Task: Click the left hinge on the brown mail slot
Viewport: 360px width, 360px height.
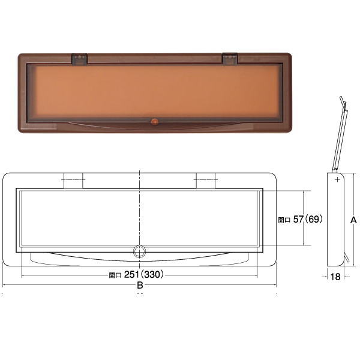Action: [x=79, y=59]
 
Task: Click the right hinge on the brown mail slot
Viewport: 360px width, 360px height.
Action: [x=230, y=59]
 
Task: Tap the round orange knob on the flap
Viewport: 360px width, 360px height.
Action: [x=155, y=122]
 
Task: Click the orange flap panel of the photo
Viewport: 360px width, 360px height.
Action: [x=155, y=92]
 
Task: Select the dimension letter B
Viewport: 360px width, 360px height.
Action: [x=140, y=286]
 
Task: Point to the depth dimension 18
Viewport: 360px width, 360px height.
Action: [x=335, y=277]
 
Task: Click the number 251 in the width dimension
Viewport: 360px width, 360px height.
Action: [x=131, y=274]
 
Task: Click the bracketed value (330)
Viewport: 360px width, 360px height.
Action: [x=152, y=274]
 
